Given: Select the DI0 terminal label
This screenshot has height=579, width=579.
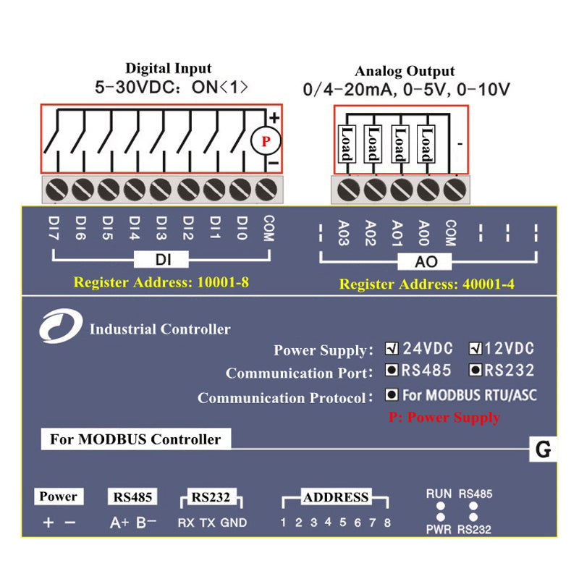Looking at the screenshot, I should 242,227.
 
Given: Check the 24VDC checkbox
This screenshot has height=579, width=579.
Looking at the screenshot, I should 392,348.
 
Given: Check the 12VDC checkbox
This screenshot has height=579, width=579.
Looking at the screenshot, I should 476,348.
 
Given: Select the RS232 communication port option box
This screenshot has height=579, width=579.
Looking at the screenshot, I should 476,371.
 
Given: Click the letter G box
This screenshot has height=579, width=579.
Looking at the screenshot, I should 544,449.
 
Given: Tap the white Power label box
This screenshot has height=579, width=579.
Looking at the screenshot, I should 58,496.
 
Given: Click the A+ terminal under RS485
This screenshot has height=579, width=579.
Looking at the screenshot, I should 119,523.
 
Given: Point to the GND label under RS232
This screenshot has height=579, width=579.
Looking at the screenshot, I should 234,523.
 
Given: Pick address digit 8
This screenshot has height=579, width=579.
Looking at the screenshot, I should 388,523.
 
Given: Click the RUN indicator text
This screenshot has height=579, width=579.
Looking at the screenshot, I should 439,494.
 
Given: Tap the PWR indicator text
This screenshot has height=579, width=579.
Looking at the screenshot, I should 439,530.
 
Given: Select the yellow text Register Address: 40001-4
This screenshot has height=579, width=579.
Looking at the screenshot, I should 427,284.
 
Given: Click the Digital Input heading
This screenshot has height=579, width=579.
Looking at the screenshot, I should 169,69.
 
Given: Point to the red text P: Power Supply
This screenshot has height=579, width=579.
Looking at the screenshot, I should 444,418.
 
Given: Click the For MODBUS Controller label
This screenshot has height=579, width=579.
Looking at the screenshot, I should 135,439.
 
